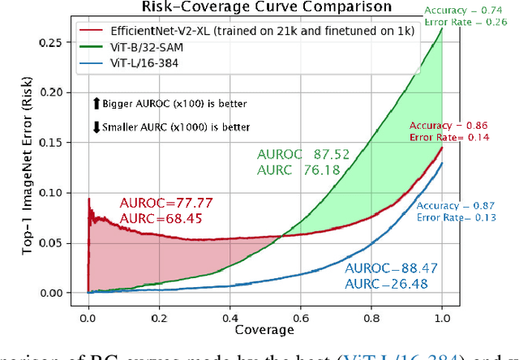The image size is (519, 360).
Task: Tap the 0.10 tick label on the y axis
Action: coord(54,192)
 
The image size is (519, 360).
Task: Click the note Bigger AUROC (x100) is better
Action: coord(169,104)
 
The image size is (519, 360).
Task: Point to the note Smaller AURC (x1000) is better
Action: coord(174,127)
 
